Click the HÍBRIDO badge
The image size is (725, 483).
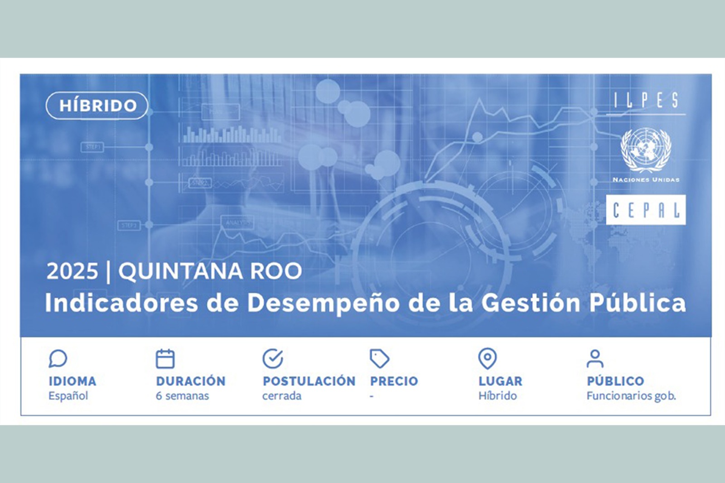pos(97,106)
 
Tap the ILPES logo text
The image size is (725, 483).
pos(646,101)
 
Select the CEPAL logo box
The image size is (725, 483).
pos(646,210)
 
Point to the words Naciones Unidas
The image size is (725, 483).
pos(646,180)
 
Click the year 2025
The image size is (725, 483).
pos(72,271)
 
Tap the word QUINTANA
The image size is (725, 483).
pos(180,271)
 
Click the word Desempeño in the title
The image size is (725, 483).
pos(323,304)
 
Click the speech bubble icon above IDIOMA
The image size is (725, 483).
pos(58,359)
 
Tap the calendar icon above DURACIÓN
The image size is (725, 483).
pos(165,359)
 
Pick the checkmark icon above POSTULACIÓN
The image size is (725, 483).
pos(272,359)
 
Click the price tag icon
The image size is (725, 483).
pos(379,359)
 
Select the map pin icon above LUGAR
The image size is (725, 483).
pos(488,359)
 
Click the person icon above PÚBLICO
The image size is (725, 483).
pos(595,359)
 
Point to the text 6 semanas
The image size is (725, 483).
pos(182,396)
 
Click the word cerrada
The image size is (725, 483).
pos(282,396)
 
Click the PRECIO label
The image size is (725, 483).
pos(394,381)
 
